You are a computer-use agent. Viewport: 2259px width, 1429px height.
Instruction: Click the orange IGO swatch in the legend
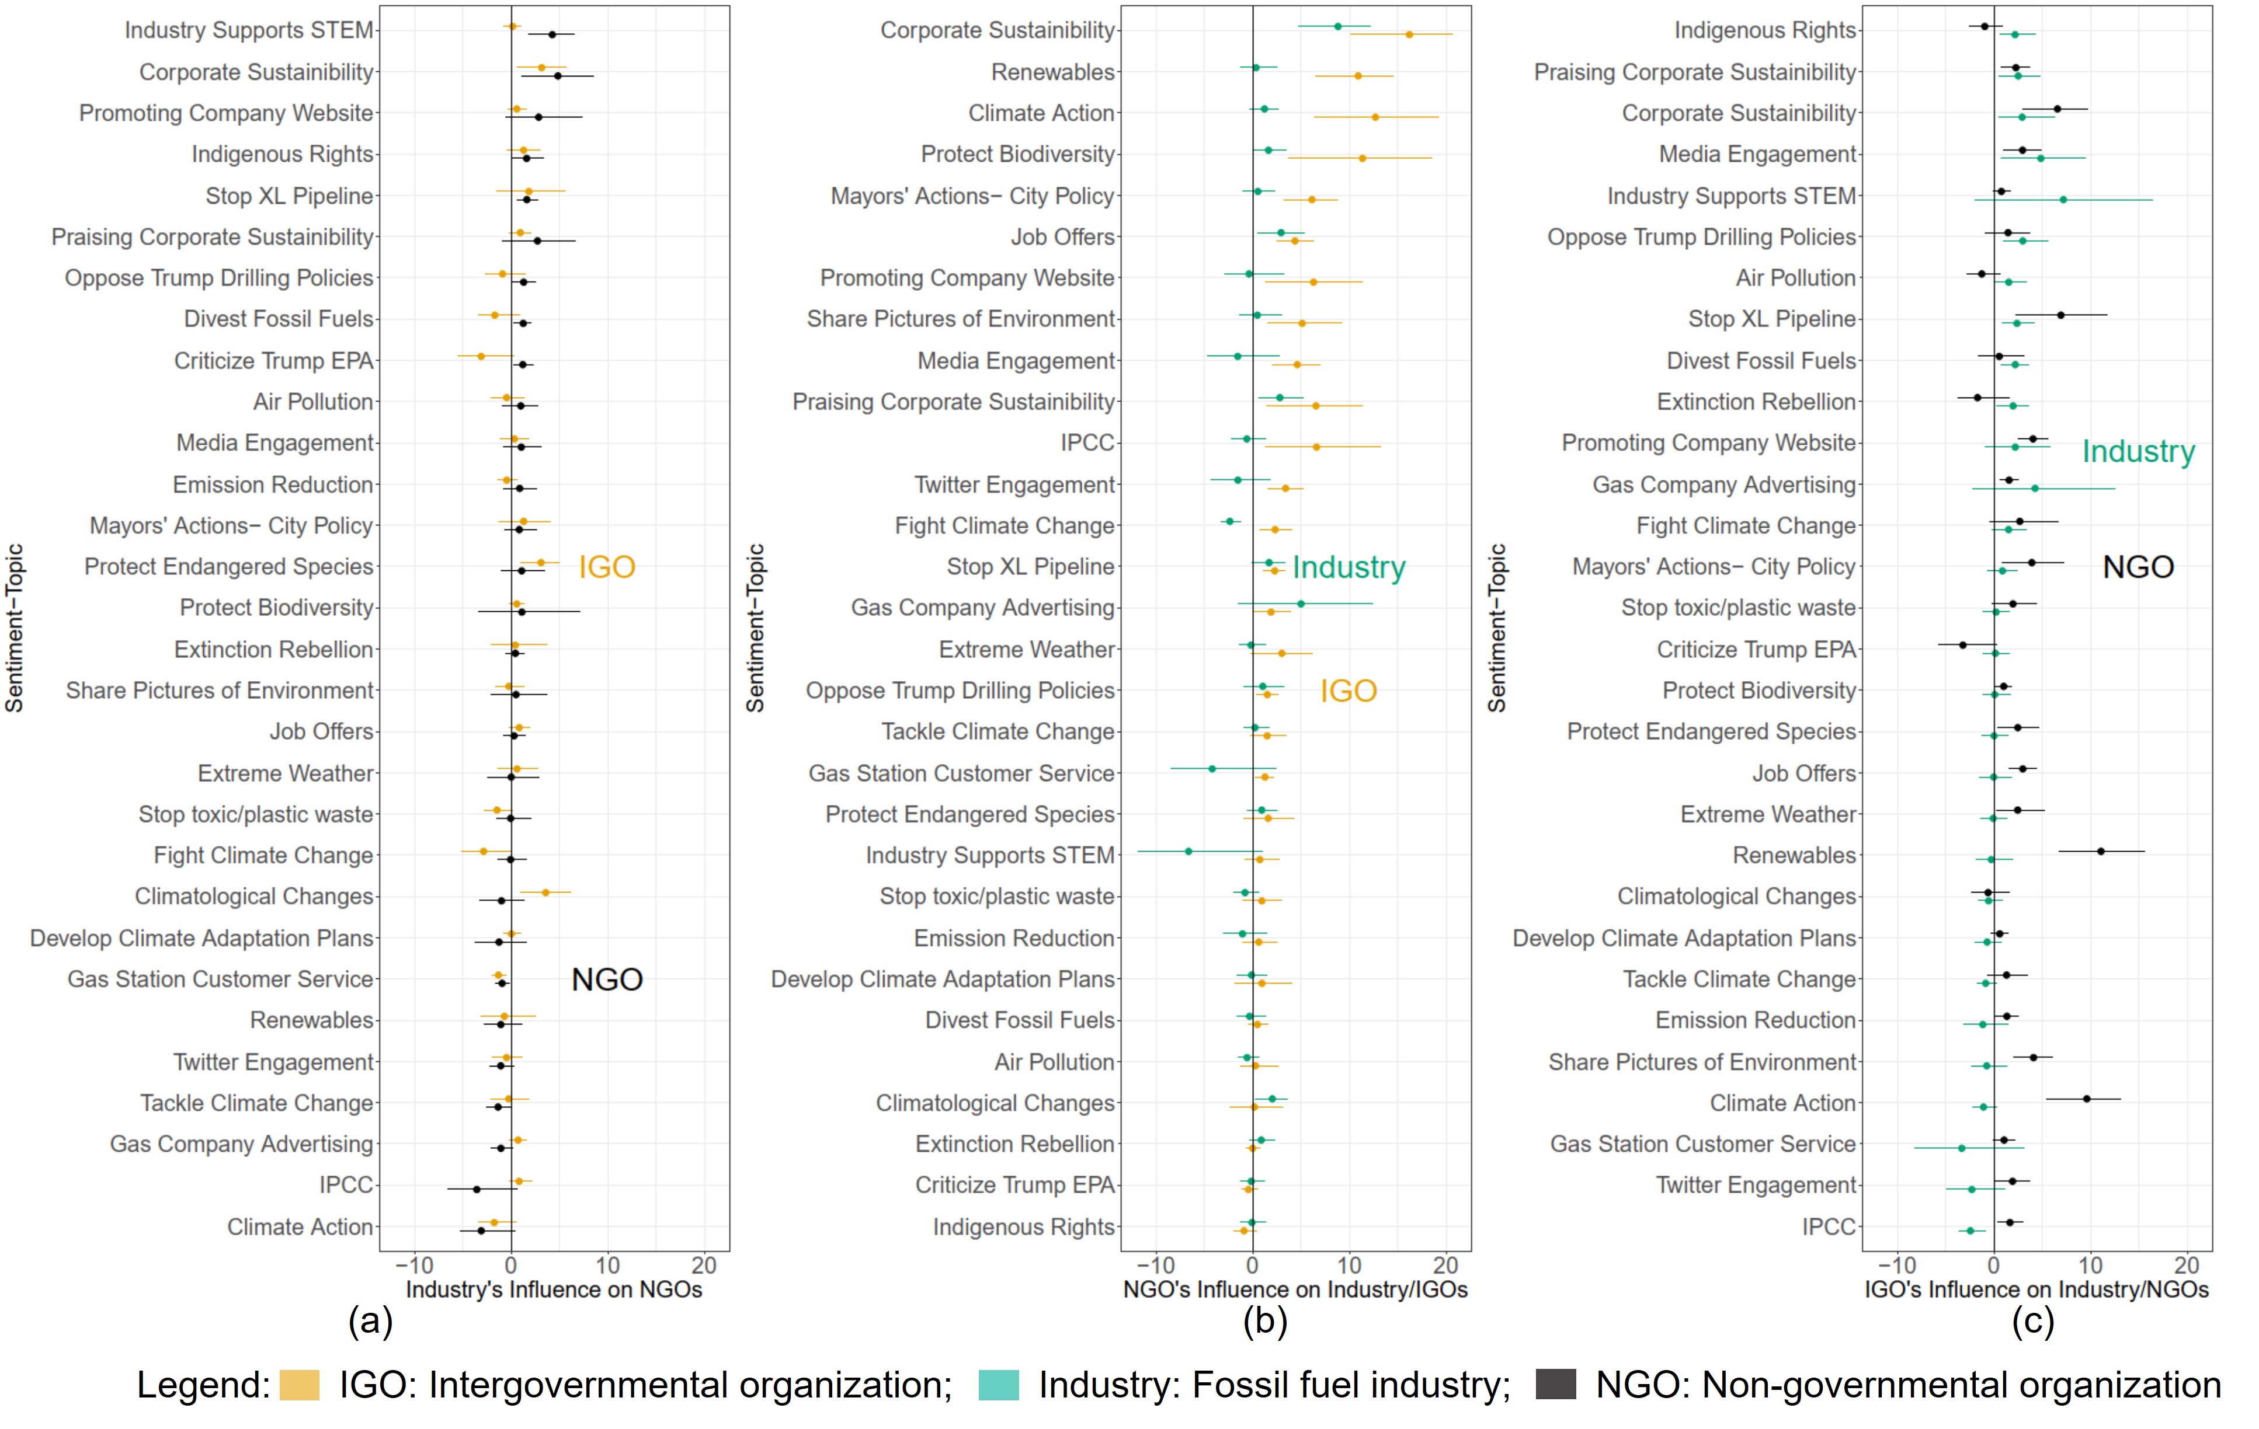[299, 1385]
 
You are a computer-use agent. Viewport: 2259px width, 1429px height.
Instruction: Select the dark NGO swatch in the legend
[1555, 1385]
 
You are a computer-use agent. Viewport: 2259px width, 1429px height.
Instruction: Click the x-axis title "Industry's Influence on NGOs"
[554, 1289]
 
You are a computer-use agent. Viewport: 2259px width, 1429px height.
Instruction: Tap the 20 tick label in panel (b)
[1445, 1266]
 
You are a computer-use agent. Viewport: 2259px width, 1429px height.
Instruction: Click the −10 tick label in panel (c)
[1897, 1266]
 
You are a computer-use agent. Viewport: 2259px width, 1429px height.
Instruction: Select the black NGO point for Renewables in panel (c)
[2101, 852]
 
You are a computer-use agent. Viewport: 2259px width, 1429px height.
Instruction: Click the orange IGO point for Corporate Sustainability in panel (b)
[1409, 34]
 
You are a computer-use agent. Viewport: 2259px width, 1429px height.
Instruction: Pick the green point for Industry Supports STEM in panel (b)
[1188, 852]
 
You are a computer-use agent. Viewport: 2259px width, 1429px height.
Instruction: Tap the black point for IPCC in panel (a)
[477, 1189]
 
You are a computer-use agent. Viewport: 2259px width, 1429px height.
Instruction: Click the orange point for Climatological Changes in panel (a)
[545, 893]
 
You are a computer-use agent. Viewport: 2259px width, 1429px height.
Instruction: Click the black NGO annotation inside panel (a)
[607, 980]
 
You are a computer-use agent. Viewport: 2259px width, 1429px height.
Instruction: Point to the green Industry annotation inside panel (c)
[2138, 451]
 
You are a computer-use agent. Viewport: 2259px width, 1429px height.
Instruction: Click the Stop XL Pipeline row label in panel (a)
[289, 196]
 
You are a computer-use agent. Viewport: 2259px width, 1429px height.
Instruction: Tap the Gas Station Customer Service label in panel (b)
[961, 773]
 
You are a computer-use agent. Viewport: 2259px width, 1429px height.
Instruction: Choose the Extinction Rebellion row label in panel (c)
[1756, 402]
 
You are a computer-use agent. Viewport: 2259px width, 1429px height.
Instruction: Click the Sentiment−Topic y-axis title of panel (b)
[755, 628]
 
